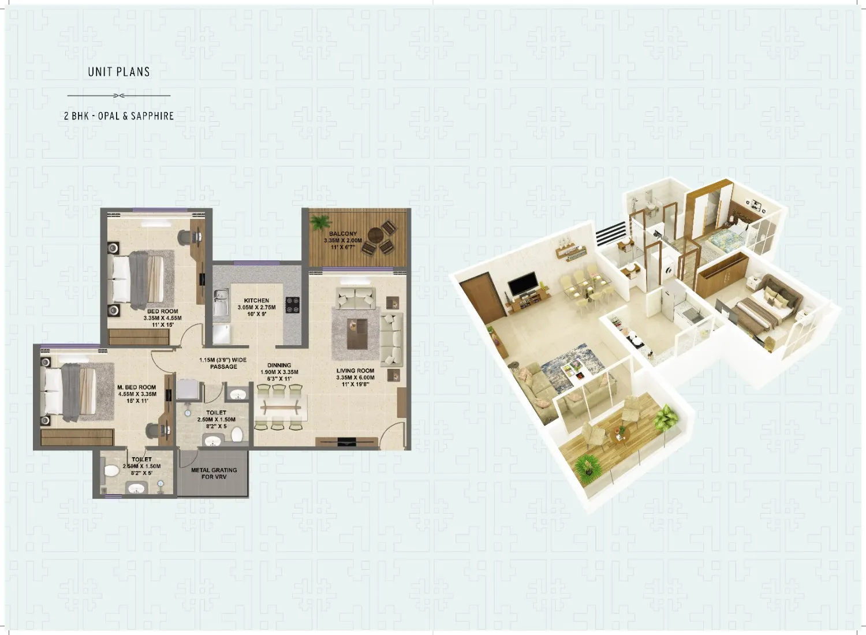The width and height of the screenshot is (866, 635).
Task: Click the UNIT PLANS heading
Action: coord(118,72)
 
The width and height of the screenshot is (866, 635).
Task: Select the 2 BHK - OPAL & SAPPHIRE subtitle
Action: coord(118,116)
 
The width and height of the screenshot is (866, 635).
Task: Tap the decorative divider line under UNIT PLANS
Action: coord(118,95)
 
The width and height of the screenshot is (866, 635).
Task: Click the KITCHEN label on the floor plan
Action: coord(256,301)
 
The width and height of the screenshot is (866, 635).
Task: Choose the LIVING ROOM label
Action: coord(355,371)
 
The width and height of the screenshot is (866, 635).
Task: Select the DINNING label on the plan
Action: coord(279,365)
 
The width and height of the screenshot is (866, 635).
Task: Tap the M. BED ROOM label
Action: coord(137,388)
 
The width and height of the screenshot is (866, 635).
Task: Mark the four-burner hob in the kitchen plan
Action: coord(293,305)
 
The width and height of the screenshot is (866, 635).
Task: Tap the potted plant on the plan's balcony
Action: coord(319,222)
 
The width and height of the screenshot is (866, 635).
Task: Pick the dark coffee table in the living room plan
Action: coord(356,333)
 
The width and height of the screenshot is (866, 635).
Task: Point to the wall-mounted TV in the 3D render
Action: coord(522,285)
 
